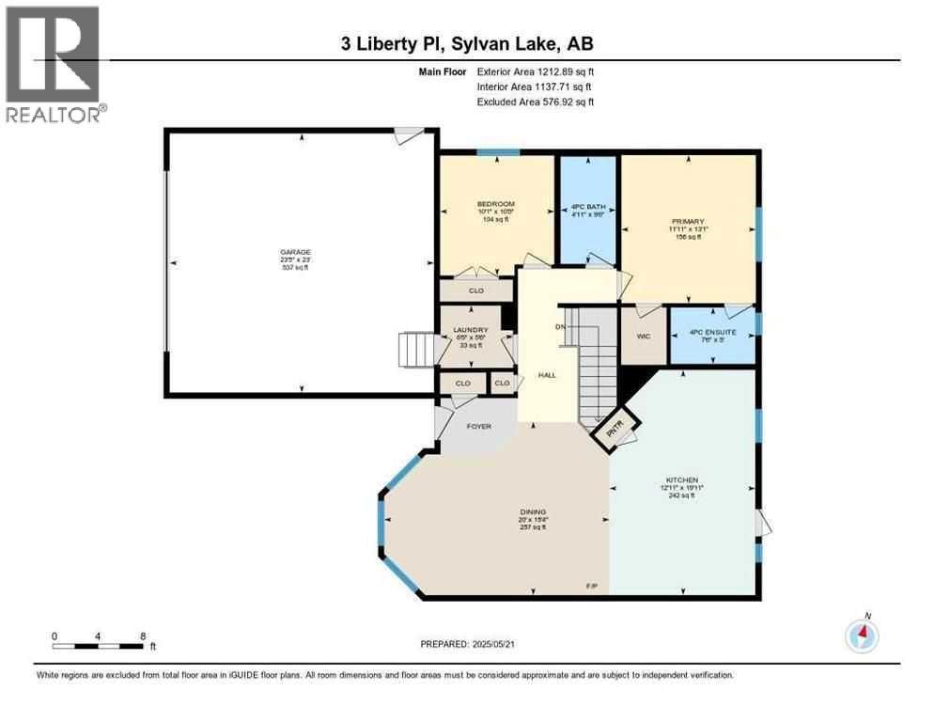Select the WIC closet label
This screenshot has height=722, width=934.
[645, 336]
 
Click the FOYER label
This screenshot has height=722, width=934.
[479, 427]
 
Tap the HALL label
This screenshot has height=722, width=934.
[547, 375]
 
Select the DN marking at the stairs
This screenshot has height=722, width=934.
[560, 327]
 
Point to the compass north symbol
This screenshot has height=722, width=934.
[861, 636]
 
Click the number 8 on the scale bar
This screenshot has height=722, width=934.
[143, 636]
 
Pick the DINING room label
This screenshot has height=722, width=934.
[533, 511]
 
